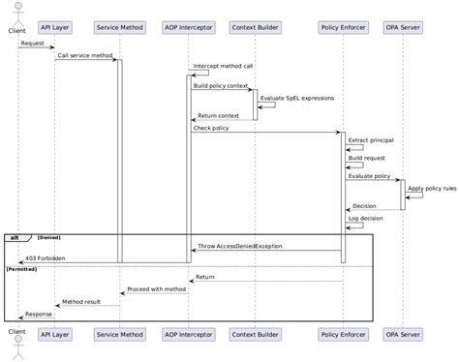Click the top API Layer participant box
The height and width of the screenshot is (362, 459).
55,27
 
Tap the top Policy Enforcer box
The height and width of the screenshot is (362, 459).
342,27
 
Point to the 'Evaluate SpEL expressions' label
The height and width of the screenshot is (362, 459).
297,98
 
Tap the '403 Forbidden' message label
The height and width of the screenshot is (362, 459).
45,258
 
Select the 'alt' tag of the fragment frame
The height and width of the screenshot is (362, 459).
15,236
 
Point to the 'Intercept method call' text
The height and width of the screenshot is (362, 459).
223,66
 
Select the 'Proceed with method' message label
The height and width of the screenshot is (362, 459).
156,289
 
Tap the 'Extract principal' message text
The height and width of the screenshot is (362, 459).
371,140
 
